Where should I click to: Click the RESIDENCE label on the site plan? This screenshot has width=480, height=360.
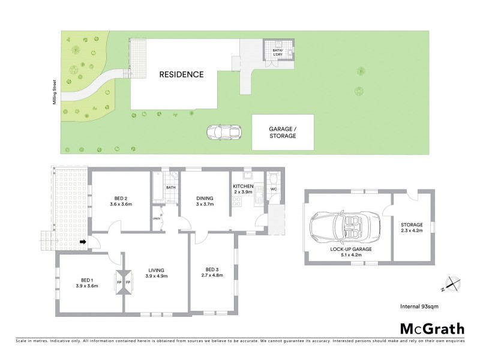pyautogui.click(x=181, y=75)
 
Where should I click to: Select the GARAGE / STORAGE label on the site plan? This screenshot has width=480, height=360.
pyautogui.click(x=282, y=132)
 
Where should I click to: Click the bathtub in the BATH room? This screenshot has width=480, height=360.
pyautogui.click(x=158, y=187)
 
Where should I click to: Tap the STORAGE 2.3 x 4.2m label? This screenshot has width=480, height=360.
pyautogui.click(x=412, y=229)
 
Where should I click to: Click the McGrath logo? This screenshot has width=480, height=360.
pyautogui.click(x=431, y=328)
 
